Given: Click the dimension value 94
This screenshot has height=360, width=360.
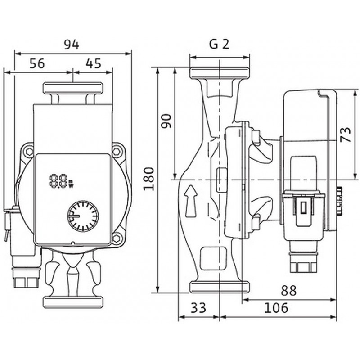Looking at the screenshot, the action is pyautogui.click(x=72, y=45).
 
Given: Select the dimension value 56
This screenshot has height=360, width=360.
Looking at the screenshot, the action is pyautogui.click(x=37, y=63).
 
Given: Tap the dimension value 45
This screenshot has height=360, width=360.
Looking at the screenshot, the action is pyautogui.click(x=94, y=63).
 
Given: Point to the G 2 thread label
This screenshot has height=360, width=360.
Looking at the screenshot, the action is pyautogui.click(x=219, y=44).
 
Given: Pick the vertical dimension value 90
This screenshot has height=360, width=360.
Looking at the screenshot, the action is pyautogui.click(x=166, y=121).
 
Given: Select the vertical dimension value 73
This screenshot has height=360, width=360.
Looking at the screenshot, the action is pyautogui.click(x=346, y=135).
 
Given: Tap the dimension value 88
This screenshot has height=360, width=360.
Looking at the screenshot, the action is pyautogui.click(x=288, y=290).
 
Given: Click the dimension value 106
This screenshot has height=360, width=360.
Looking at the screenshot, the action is pyautogui.click(x=276, y=308).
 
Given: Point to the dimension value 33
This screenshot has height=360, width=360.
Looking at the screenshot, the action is pyautogui.click(x=198, y=308).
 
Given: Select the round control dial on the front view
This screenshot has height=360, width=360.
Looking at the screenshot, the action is pyautogui.click(x=83, y=216).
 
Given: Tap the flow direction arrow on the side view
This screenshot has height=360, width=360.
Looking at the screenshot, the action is pyautogui.click(x=191, y=201).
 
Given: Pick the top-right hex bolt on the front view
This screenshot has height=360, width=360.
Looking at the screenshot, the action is pyautogui.click(x=117, y=152).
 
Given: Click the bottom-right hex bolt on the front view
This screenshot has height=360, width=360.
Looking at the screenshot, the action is pyautogui.click(x=117, y=239).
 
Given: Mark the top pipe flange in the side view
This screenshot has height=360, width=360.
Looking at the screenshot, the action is pyautogui.click(x=220, y=73).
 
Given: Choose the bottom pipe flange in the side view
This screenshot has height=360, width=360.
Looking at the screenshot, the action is pyautogui.click(x=220, y=287).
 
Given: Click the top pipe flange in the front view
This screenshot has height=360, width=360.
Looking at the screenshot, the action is pyautogui.click(x=73, y=88).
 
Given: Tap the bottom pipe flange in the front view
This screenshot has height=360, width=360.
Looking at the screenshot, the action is pyautogui.click(x=73, y=302).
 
